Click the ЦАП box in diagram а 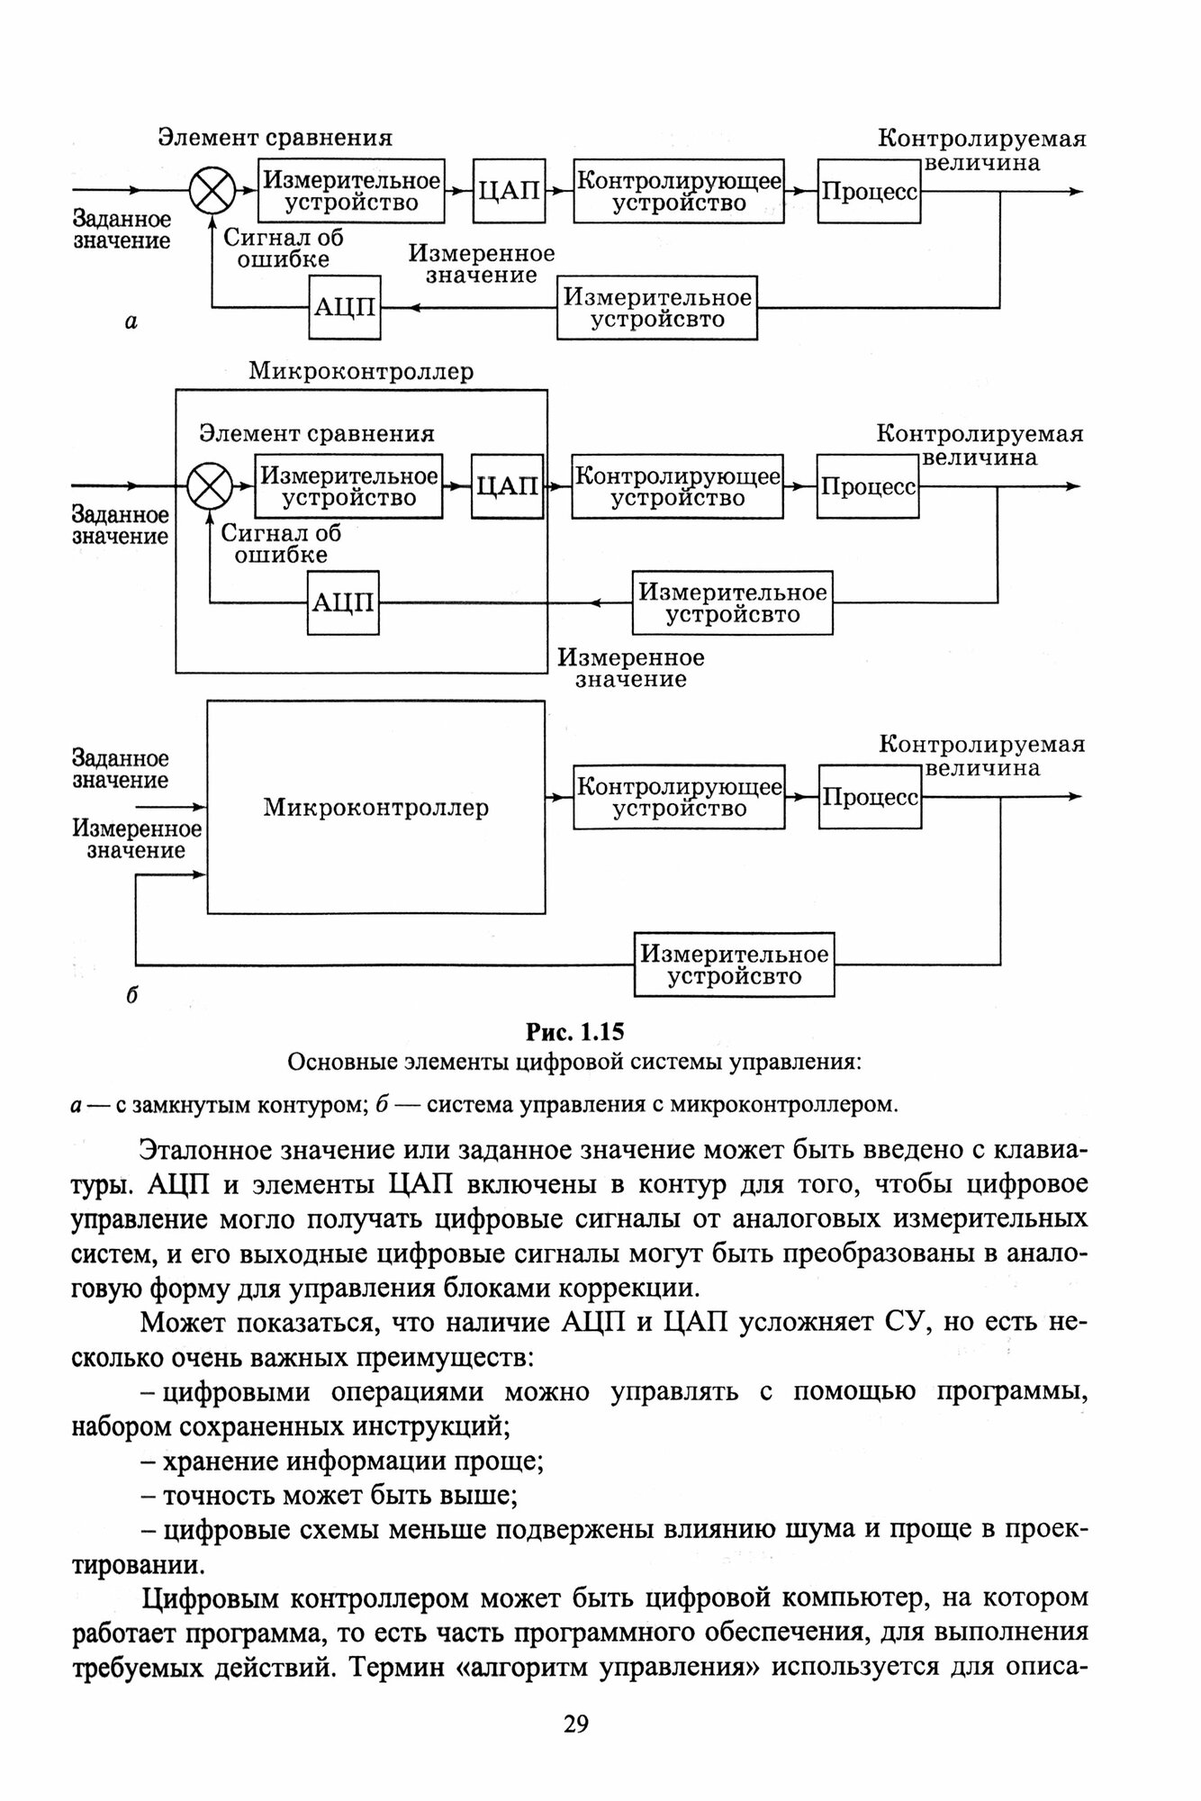509,190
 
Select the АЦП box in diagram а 344,307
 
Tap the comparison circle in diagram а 212,191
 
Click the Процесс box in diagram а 869,191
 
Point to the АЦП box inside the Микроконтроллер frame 343,602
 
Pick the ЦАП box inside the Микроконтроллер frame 507,486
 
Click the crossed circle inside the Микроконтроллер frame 210,486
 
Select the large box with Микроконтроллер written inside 376,807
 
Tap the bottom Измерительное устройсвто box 734,964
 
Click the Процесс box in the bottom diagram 870,797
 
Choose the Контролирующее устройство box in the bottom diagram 679,797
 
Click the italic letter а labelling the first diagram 131,321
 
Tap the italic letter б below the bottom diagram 131,995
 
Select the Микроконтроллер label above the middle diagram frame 361,371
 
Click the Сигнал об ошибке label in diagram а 283,248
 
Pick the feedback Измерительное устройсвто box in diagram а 656,308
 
